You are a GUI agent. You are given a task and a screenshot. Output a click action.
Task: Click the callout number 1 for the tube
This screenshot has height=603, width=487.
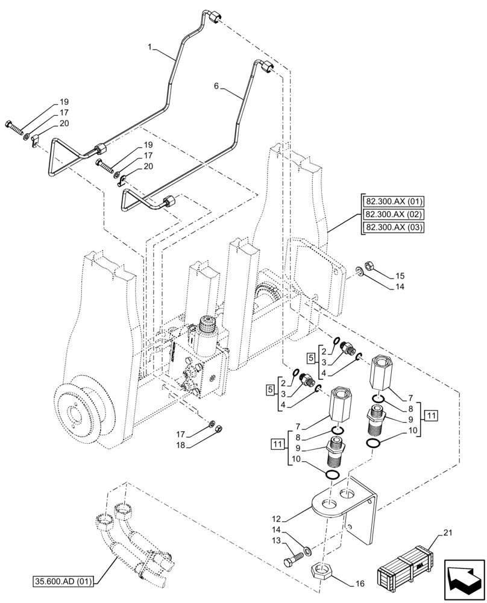[148, 46]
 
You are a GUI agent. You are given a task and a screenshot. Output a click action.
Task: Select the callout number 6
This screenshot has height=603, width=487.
[216, 86]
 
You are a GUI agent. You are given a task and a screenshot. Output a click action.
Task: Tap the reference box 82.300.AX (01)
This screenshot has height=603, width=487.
[394, 201]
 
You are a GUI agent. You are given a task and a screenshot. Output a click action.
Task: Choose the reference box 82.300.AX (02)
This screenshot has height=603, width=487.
[394, 214]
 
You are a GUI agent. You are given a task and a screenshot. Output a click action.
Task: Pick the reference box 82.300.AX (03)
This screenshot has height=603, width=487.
[394, 227]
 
